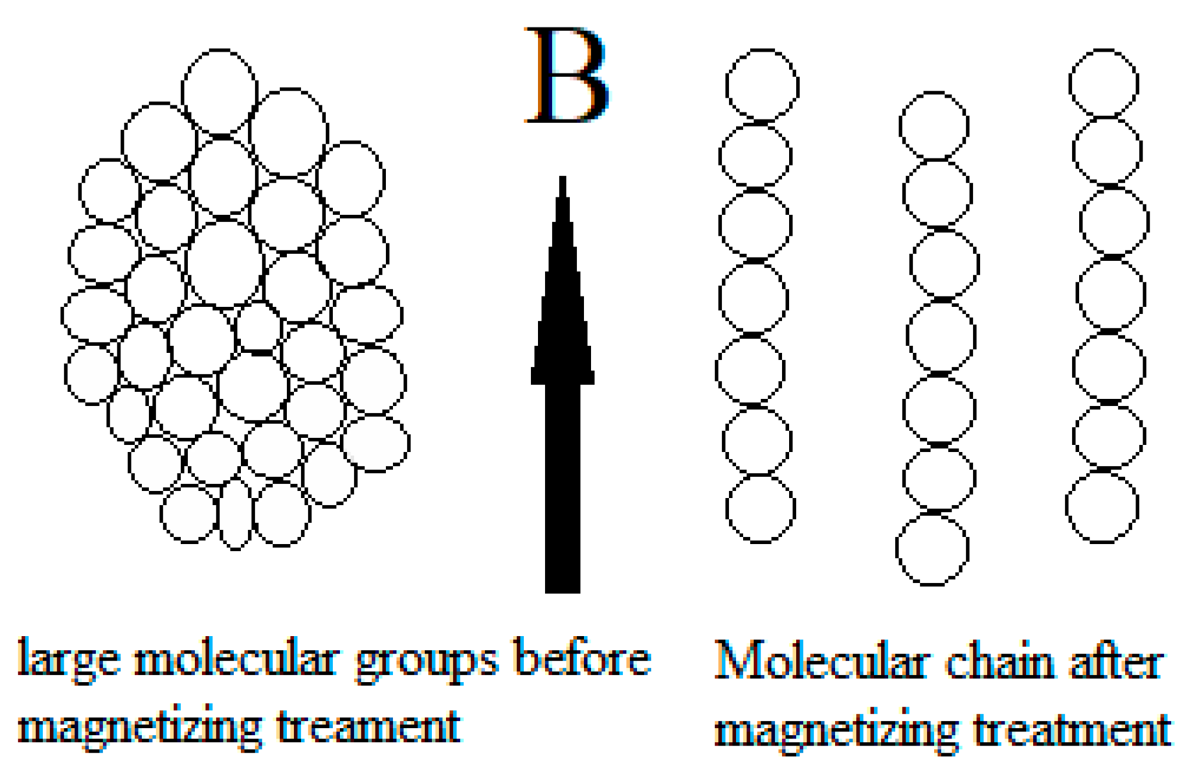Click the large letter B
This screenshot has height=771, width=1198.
click(x=566, y=75)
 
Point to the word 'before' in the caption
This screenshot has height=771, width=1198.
click(x=583, y=658)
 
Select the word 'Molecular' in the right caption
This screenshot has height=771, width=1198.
click(x=820, y=662)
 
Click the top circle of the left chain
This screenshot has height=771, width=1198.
click(x=762, y=86)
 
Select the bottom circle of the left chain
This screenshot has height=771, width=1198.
click(x=760, y=509)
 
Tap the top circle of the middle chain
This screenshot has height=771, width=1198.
click(x=934, y=125)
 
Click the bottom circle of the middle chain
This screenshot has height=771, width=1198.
click(x=932, y=549)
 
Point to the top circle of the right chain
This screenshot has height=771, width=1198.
click(x=1104, y=84)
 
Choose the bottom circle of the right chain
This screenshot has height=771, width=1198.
click(x=1102, y=506)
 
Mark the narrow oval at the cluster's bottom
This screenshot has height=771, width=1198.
click(x=236, y=515)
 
